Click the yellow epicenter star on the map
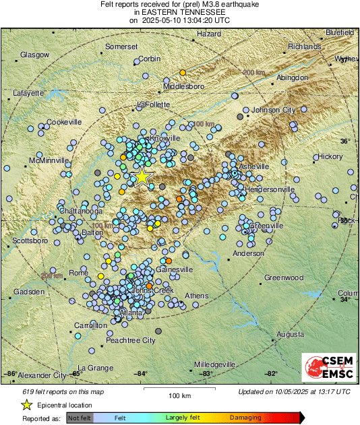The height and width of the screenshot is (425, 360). coord(142,176)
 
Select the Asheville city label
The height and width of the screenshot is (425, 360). coord(253,166)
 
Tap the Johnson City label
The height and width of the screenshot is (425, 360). coord(273,110)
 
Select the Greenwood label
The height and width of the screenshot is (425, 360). coord(283,277)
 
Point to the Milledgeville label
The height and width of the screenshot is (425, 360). coord(216,364)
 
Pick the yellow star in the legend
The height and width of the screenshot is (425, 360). coord(26,405)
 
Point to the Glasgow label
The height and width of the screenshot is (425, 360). coord(34,55)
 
